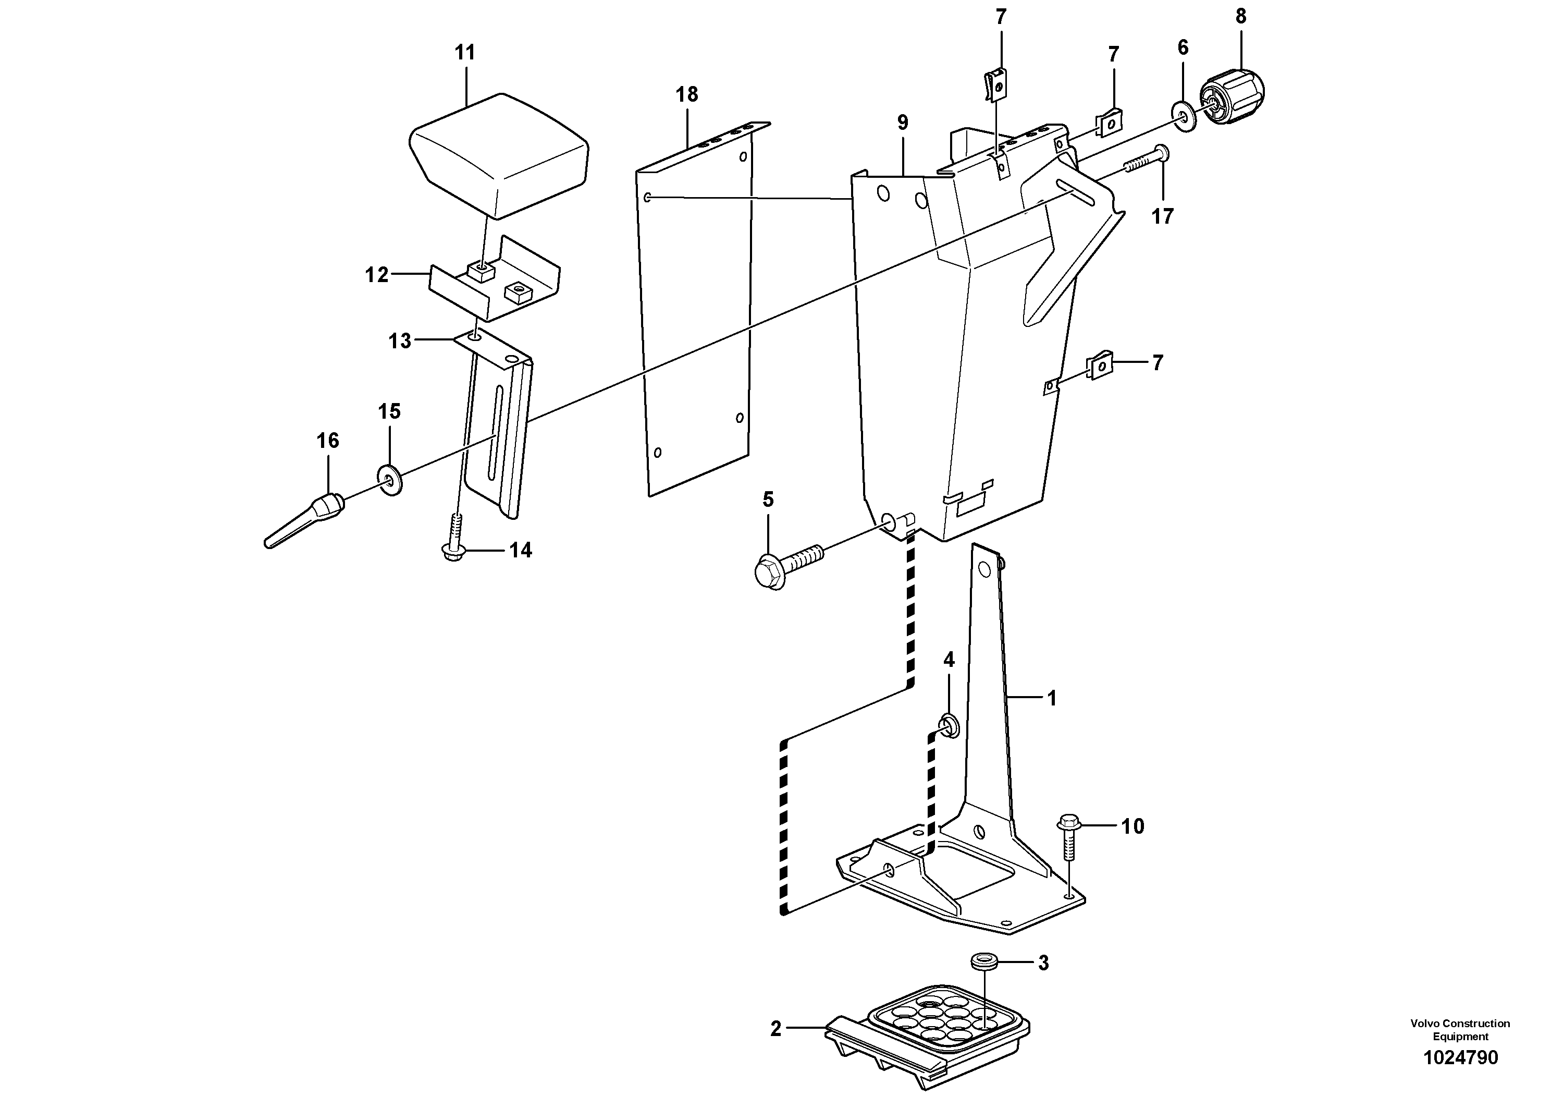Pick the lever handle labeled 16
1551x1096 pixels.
pos(304,523)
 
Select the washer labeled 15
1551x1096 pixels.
pos(390,479)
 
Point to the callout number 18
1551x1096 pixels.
pos(686,94)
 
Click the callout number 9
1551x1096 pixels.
pos(903,123)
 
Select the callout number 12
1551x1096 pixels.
pos(376,275)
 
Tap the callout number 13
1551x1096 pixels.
pos(399,341)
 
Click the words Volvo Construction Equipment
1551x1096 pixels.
pos(1460,1030)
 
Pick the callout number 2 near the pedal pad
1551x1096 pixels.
pos(775,1029)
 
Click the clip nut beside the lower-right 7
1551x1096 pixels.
pos(1099,366)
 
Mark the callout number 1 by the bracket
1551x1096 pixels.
pos(1051,698)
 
